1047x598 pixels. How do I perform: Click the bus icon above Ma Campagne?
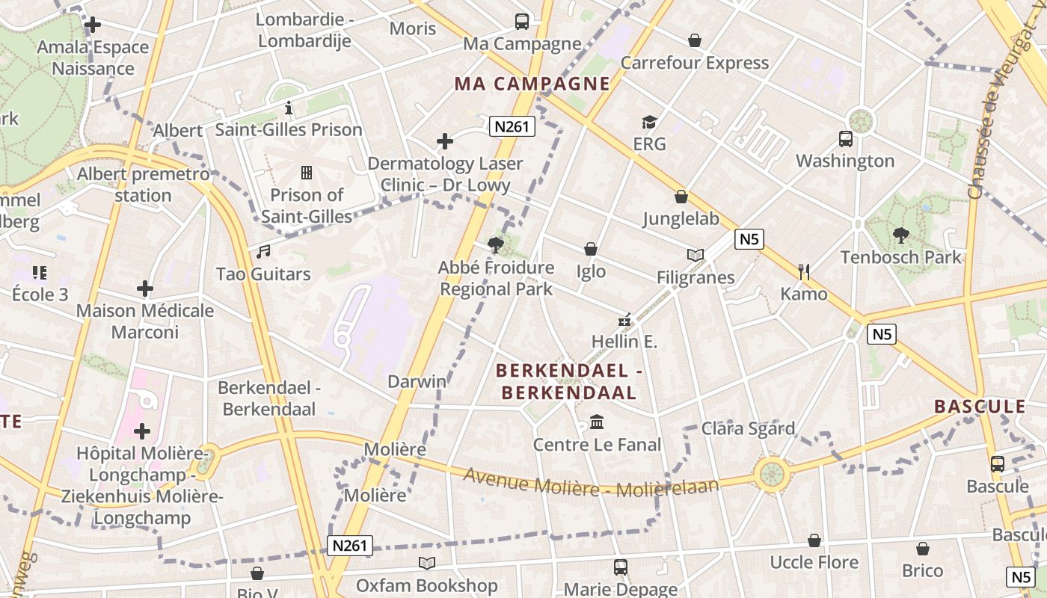522,22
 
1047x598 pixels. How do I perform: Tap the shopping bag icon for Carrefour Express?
695,40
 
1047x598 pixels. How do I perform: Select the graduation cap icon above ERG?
649,122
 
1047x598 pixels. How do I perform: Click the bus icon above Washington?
846,139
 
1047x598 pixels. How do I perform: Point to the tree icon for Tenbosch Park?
900,235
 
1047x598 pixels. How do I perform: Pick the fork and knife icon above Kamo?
804,271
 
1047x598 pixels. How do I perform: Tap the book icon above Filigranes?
696,256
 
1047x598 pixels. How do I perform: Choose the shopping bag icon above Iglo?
591,249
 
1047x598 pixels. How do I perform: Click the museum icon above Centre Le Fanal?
597,423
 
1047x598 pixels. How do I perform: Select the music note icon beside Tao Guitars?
262,252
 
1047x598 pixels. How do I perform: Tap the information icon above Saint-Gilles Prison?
289,108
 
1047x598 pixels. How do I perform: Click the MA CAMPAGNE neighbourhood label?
532,83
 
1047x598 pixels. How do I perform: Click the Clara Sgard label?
747,428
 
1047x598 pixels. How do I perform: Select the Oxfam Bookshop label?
426,585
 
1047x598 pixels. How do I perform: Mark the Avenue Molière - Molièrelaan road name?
591,483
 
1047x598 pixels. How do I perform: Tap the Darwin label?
417,381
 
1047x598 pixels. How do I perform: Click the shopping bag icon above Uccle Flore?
814,540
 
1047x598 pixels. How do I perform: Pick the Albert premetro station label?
143,185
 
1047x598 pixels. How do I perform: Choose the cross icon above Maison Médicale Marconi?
145,289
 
